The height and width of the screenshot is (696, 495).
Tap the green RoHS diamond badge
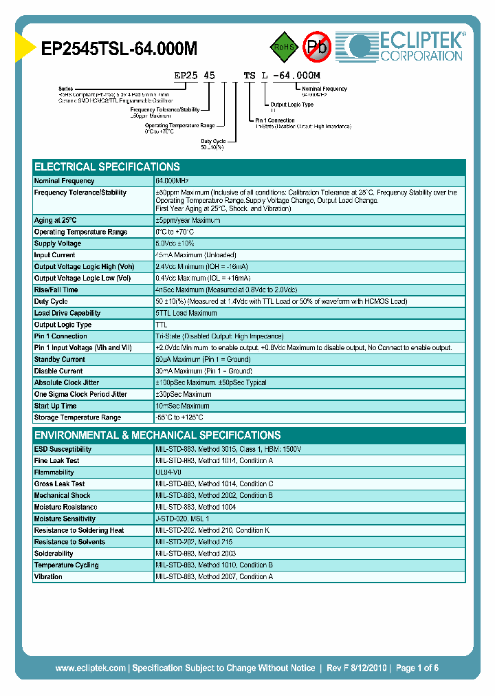pyautogui.click(x=282, y=47)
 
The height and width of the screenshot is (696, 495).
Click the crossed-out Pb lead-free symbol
pyautogui.click(x=318, y=47)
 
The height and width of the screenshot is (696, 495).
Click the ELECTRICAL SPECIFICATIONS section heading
pyautogui.click(x=107, y=167)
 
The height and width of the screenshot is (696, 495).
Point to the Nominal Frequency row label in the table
pyautogui.click(x=64, y=181)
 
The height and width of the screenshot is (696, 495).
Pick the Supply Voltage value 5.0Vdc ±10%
pyautogui.click(x=175, y=243)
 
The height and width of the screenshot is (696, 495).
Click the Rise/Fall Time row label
pyautogui.click(x=56, y=290)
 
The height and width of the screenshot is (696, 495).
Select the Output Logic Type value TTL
pyautogui.click(x=162, y=325)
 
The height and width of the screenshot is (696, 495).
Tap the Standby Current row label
pyautogui.click(x=60, y=359)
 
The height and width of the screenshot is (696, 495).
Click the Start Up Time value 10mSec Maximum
pyautogui.click(x=184, y=406)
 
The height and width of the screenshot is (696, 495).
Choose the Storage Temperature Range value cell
pyautogui.click(x=179, y=417)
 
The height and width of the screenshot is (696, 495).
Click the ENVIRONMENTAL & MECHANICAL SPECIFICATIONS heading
pyautogui.click(x=157, y=435)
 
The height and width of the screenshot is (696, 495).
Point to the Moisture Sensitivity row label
pyautogui.click(x=65, y=519)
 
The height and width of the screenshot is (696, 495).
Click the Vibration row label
pyautogui.click(x=48, y=576)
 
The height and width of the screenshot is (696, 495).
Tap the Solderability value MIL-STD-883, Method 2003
pyautogui.click(x=196, y=553)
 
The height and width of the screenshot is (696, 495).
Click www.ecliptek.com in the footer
pyautogui.click(x=90, y=668)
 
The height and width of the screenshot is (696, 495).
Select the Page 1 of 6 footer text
pyautogui.click(x=417, y=668)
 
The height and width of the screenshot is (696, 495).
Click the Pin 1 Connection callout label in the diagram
pyautogui.click(x=275, y=120)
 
